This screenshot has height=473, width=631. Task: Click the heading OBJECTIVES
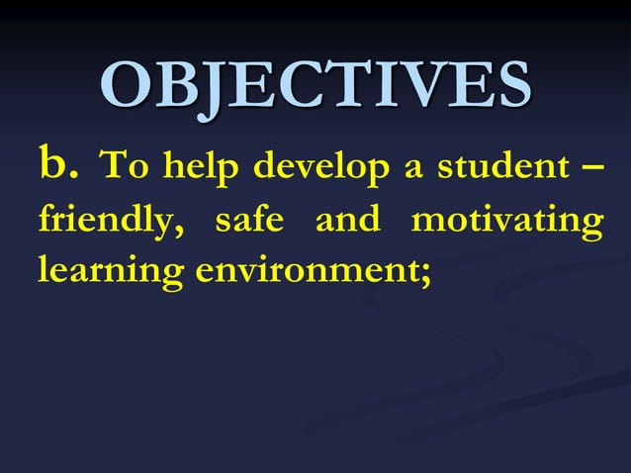pos(315,87)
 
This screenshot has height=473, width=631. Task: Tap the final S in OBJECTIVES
pos(508,87)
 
